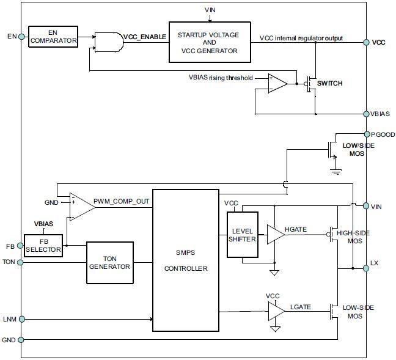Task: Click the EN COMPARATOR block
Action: pyautogui.click(x=53, y=37)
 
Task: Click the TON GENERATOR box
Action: pyautogui.click(x=111, y=263)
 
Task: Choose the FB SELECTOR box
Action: pyautogui.click(x=43, y=245)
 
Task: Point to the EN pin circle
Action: pyautogui.click(x=22, y=37)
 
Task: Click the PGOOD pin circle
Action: pyautogui.click(x=366, y=134)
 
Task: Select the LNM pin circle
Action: pyautogui.click(x=22, y=318)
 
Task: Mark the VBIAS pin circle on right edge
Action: pyautogui.click(x=366, y=114)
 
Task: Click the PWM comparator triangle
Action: pyautogui.click(x=82, y=207)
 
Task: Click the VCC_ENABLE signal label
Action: pyautogui.click(x=144, y=37)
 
